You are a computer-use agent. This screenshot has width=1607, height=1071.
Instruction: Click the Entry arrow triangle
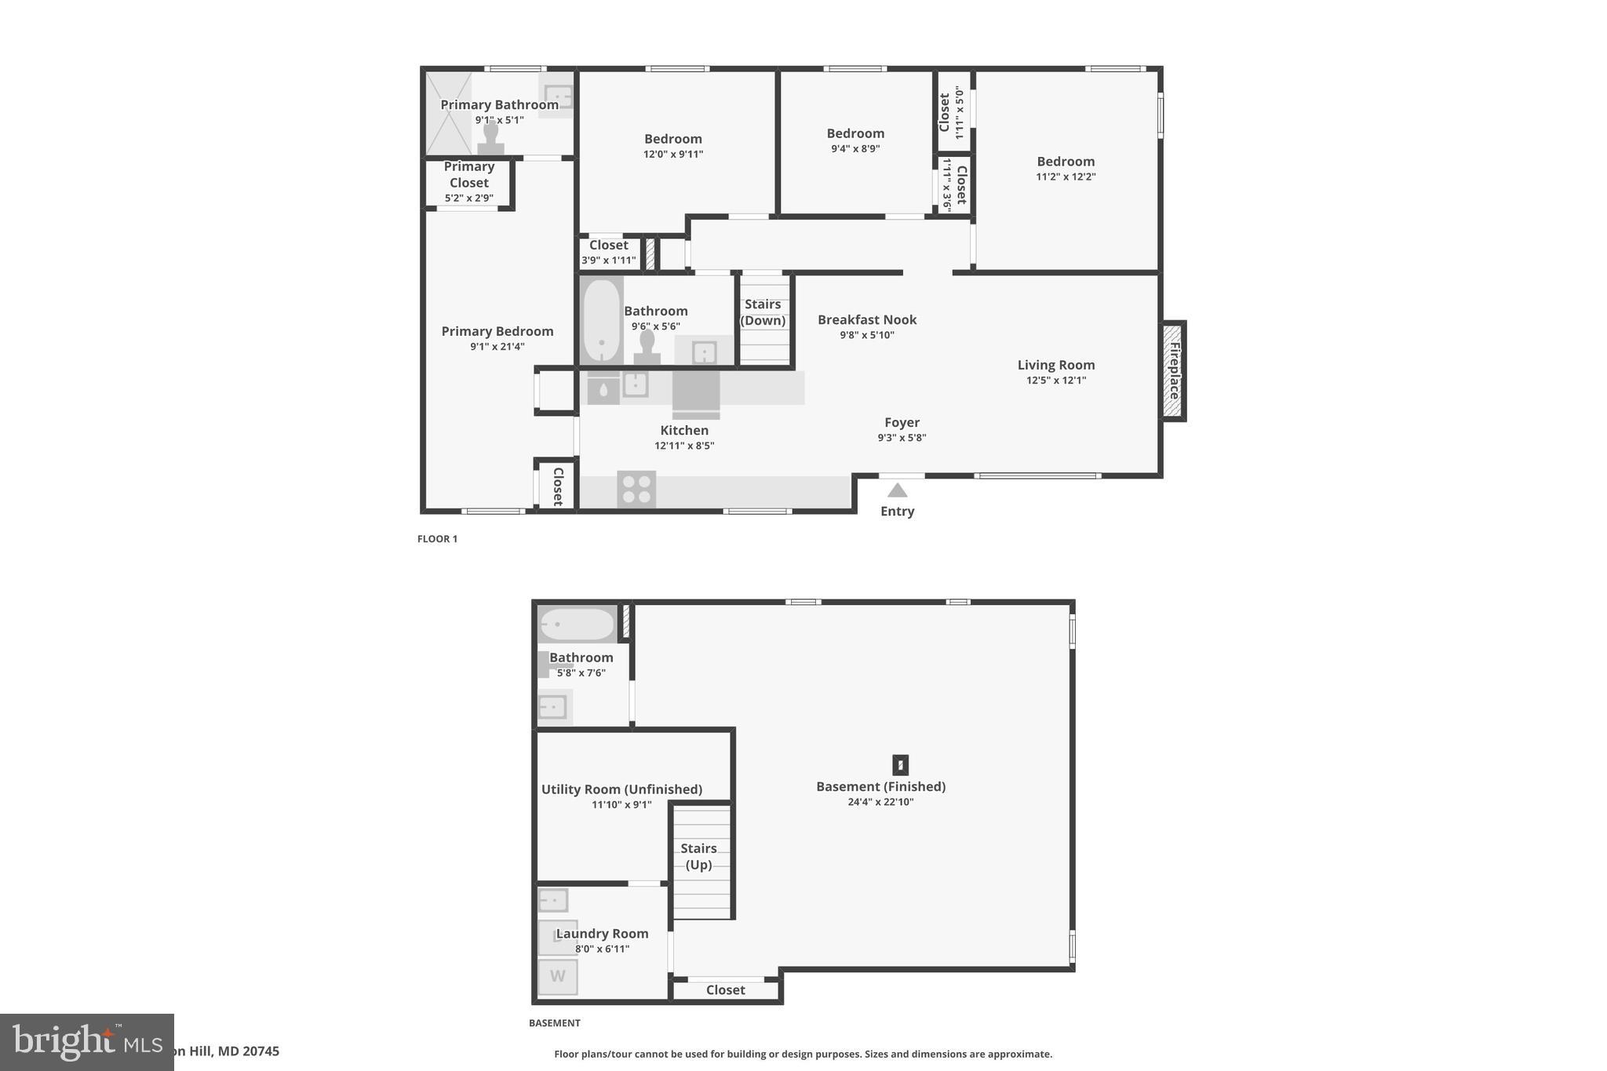(x=897, y=490)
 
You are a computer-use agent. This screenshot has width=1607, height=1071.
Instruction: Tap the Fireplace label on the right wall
(x=1174, y=370)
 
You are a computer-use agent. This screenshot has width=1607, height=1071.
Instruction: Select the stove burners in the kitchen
(x=636, y=489)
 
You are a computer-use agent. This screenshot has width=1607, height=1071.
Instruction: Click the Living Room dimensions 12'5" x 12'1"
(x=1055, y=381)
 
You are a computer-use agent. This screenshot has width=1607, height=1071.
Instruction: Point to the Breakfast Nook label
(x=866, y=319)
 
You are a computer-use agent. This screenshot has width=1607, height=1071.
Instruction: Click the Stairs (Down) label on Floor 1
(x=763, y=312)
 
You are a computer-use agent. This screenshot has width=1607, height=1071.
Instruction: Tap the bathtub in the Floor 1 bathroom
(x=602, y=320)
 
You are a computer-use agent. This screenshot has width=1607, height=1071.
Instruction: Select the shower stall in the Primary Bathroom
(x=449, y=114)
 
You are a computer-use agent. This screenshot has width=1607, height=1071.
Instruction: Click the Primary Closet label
(x=468, y=174)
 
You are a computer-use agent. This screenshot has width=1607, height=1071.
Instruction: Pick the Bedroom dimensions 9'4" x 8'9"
(x=855, y=148)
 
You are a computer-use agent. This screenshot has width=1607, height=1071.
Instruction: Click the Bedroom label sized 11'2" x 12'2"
(x=1065, y=162)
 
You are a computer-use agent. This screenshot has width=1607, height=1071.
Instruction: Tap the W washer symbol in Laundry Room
(x=557, y=977)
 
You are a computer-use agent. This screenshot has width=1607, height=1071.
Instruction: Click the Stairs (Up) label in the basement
(x=698, y=856)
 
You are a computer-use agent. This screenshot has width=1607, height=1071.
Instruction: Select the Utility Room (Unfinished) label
(x=621, y=789)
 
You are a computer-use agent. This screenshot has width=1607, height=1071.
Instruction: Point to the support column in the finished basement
(x=900, y=764)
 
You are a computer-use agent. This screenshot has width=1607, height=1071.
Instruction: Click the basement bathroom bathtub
(x=577, y=625)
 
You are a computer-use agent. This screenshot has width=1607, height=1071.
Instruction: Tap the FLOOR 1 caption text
(x=437, y=539)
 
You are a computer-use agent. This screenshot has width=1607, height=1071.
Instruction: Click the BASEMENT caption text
(x=554, y=1023)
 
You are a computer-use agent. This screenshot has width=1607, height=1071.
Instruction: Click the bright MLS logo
(x=86, y=1042)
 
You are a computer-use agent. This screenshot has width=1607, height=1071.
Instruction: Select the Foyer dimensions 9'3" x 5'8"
(x=902, y=438)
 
